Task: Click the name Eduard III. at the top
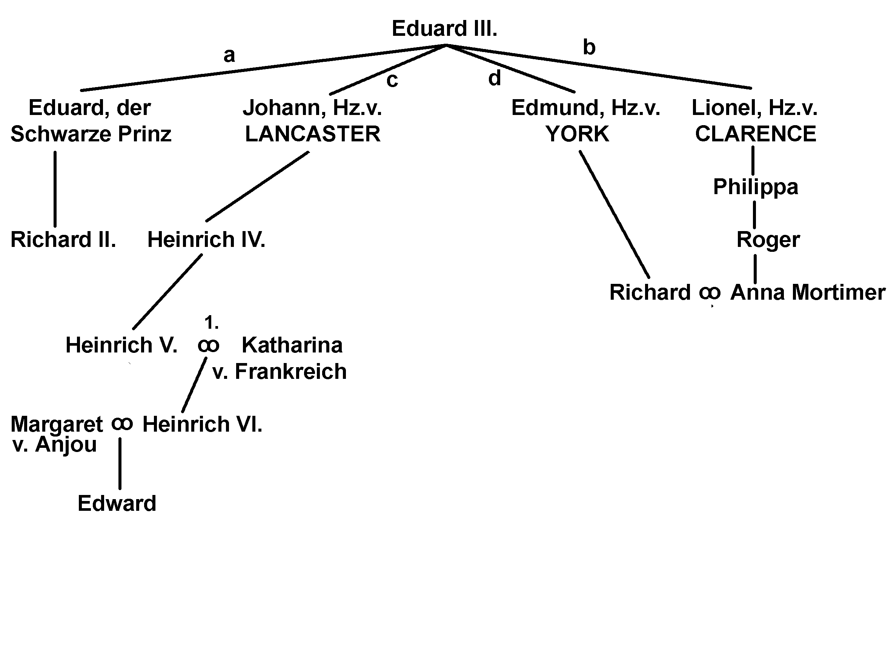pos(444,29)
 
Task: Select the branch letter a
pos(229,55)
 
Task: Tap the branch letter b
pos(589,47)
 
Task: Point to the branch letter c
pos(392,80)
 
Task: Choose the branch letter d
pos(495,78)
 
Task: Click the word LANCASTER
pos(313,134)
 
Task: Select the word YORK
pos(577,134)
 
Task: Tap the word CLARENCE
pos(756,134)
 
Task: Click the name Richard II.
pos(63,240)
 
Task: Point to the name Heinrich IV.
pos(206,240)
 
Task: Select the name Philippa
pos(756,187)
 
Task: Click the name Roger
pos(768,240)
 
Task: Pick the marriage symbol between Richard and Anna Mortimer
pos(710,292)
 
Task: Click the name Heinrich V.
pos(121,345)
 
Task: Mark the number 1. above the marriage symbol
pos(211,323)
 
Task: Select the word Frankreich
pos(290,372)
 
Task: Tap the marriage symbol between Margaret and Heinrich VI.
pos(122,424)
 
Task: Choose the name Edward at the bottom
pos(117,504)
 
